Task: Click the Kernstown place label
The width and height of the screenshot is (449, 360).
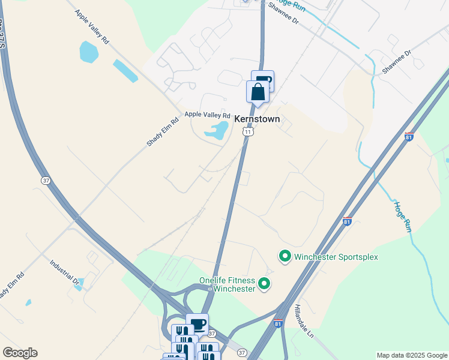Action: (257, 119)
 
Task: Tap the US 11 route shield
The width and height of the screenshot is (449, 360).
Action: (247, 132)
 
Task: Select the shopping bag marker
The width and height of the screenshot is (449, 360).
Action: (258, 92)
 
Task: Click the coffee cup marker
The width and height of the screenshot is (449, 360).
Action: (197, 325)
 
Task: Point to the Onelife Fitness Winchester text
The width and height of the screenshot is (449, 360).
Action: (228, 284)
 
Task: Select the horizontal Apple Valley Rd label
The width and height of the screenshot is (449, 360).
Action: (207, 115)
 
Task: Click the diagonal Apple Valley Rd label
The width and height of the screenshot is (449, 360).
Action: (92, 26)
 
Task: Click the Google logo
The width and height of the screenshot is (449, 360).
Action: (20, 353)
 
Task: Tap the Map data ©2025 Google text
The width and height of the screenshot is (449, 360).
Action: (412, 355)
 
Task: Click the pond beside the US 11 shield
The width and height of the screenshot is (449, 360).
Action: (217, 129)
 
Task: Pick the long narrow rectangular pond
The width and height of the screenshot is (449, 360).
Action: (125, 71)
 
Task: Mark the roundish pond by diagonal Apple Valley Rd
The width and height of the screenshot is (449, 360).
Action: (88, 52)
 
